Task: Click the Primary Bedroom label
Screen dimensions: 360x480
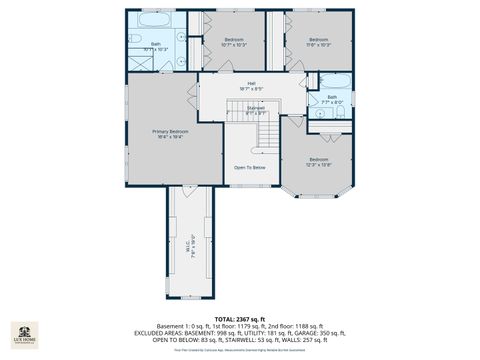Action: tap(171, 134)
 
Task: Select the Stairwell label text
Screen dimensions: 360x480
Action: tap(256, 112)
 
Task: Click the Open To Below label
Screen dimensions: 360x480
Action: tap(250, 167)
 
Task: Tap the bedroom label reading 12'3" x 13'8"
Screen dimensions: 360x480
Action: tap(318, 162)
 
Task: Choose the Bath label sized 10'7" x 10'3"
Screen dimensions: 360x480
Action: tap(156, 46)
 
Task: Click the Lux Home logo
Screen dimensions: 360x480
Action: tap(24, 333)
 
